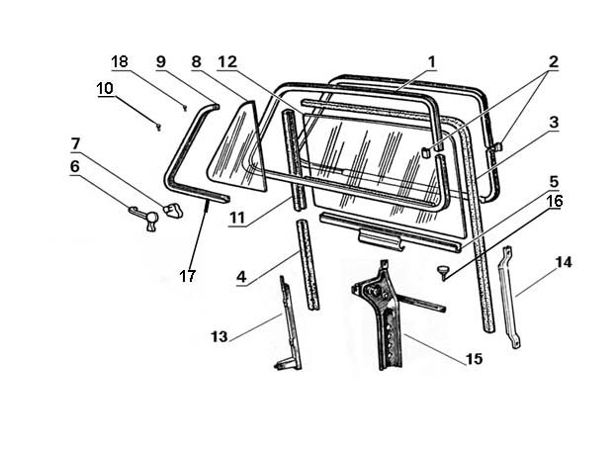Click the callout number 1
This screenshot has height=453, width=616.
[431, 60]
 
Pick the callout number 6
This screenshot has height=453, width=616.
[74, 167]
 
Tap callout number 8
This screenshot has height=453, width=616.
[197, 60]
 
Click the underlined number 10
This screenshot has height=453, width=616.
[105, 88]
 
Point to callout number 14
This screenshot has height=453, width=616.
[564, 262]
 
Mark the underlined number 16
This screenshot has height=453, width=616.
[554, 201]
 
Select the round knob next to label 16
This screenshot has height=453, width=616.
[441, 269]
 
